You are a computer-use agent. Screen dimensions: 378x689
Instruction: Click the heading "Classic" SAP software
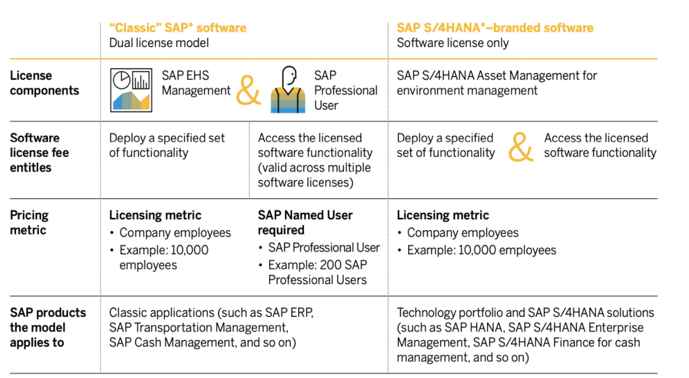coord(177,27)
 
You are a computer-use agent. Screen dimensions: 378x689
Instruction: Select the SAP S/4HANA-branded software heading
coord(495,27)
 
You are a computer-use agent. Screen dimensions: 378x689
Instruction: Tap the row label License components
coord(45,83)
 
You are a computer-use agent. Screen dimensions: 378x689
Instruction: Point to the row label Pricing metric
coord(29,223)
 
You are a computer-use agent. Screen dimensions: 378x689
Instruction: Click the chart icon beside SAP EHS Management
coord(131,89)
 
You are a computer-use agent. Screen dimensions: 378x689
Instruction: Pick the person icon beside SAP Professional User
coord(288,90)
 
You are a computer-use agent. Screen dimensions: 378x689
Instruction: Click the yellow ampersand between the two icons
coord(248,91)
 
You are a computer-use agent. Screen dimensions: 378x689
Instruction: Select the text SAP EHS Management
coord(196,83)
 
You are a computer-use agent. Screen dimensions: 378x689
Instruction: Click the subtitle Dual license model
coord(159,43)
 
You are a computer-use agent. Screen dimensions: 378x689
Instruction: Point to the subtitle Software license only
coord(453,43)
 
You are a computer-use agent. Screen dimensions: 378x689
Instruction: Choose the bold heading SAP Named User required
coord(305,223)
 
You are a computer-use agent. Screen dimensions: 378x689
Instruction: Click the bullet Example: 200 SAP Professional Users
coord(318,273)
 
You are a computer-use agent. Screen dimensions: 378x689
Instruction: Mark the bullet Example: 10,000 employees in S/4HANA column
coord(481,250)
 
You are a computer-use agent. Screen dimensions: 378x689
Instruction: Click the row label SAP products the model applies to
coord(48,328)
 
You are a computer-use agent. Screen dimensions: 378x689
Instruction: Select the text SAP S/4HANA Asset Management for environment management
coord(497,83)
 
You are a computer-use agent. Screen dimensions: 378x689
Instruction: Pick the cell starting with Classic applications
coord(211,328)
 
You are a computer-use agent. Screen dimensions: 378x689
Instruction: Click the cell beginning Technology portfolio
coord(525,335)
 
